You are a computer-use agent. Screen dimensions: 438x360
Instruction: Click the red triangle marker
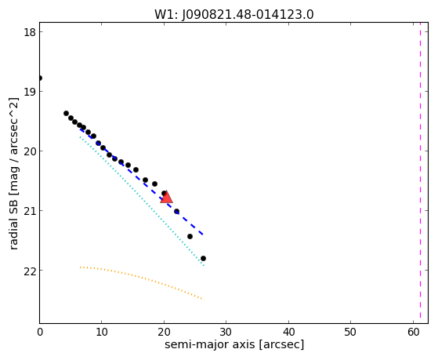[166, 197]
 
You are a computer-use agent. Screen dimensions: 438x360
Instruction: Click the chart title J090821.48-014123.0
[248, 15]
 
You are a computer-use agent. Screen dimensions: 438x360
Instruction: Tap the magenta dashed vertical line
[421, 173]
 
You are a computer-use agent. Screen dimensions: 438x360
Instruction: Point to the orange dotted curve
[142, 282]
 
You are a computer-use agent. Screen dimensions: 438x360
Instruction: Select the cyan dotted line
[142, 201]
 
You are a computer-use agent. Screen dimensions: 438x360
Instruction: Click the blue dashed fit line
[141, 182]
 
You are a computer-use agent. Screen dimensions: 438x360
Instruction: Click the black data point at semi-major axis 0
[40, 78]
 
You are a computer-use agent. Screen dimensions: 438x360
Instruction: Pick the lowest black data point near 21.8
[203, 259]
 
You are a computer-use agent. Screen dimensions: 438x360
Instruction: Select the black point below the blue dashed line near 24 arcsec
[190, 237]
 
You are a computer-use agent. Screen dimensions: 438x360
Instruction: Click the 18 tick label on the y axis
[30, 32]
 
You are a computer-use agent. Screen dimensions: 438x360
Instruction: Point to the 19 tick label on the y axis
[30, 92]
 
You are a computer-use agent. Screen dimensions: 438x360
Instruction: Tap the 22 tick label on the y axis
[30, 271]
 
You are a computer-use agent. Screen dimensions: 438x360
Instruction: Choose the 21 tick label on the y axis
[30, 211]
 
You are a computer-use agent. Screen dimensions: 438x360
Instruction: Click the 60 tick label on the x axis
[413, 332]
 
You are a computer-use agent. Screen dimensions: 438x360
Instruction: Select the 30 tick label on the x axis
[226, 332]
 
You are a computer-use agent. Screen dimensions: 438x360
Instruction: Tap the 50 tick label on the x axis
[350, 332]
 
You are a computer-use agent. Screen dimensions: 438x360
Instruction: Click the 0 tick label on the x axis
[40, 332]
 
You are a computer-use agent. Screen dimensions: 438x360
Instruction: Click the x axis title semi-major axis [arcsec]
[234, 344]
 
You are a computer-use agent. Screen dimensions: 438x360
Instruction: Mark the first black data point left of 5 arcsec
[66, 113]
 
